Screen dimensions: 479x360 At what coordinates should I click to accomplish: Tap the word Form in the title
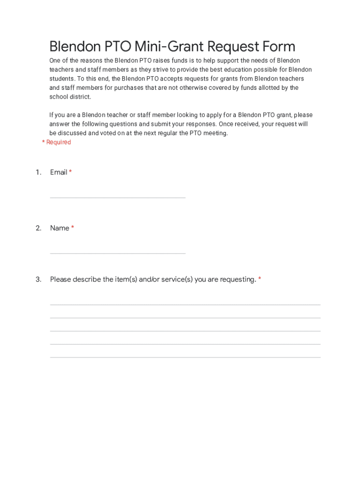(278, 47)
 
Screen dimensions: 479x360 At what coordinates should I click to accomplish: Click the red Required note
(57, 142)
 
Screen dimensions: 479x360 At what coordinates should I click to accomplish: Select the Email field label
(58, 172)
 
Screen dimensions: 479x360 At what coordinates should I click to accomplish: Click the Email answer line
(117, 197)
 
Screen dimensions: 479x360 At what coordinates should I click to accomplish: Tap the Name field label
(59, 228)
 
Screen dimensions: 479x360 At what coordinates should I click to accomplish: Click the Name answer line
(117, 253)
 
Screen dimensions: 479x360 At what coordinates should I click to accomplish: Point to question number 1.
(38, 172)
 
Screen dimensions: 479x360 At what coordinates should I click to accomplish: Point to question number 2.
(38, 228)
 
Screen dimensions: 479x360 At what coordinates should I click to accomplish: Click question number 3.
(38, 279)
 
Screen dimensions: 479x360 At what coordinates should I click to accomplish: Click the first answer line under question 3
(185, 305)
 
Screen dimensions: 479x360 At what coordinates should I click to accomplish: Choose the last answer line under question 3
(185, 357)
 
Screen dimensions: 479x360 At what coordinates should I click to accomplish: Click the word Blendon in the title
(75, 47)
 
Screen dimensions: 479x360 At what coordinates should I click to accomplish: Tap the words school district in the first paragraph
(70, 97)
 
